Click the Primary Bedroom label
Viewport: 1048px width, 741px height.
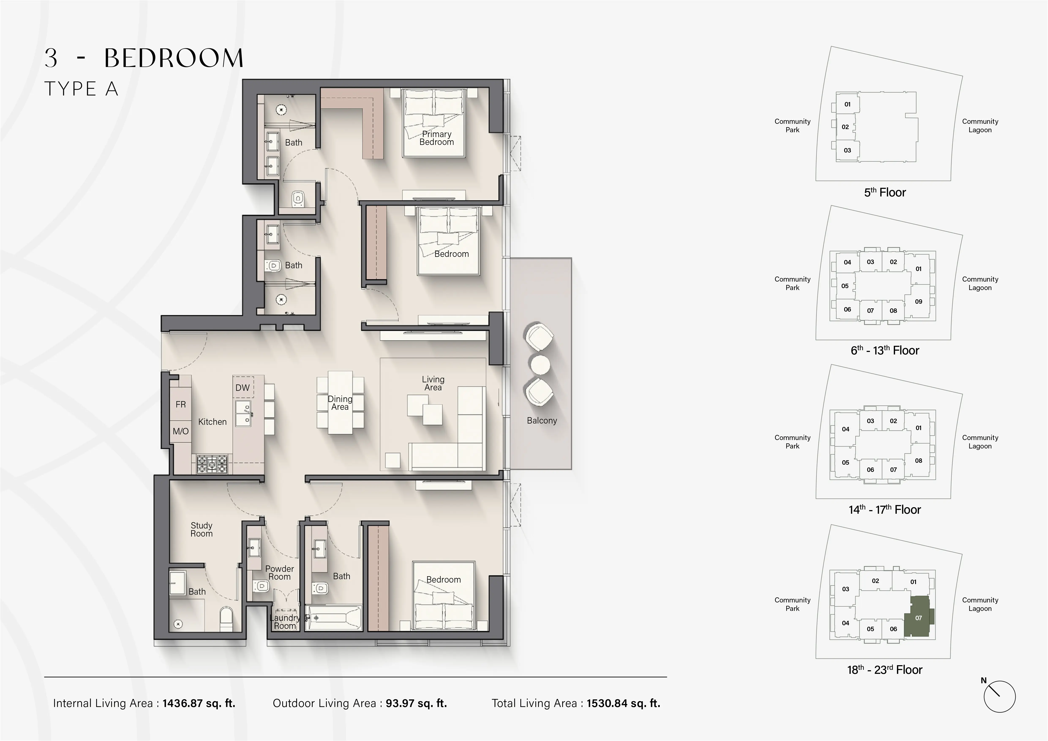(436, 138)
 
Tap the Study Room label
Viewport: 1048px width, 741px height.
(201, 529)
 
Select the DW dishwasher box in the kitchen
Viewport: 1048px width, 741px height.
(242, 387)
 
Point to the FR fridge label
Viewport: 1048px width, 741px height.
(181, 404)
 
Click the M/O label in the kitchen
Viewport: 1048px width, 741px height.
(181, 431)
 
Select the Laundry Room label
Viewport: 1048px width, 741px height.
(285, 621)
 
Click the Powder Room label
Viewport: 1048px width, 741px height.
(279, 573)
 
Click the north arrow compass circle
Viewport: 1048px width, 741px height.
(1000, 697)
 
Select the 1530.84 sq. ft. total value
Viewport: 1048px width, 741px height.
(623, 703)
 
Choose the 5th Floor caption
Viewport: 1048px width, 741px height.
(884, 192)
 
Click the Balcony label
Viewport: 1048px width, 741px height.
(542, 420)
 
